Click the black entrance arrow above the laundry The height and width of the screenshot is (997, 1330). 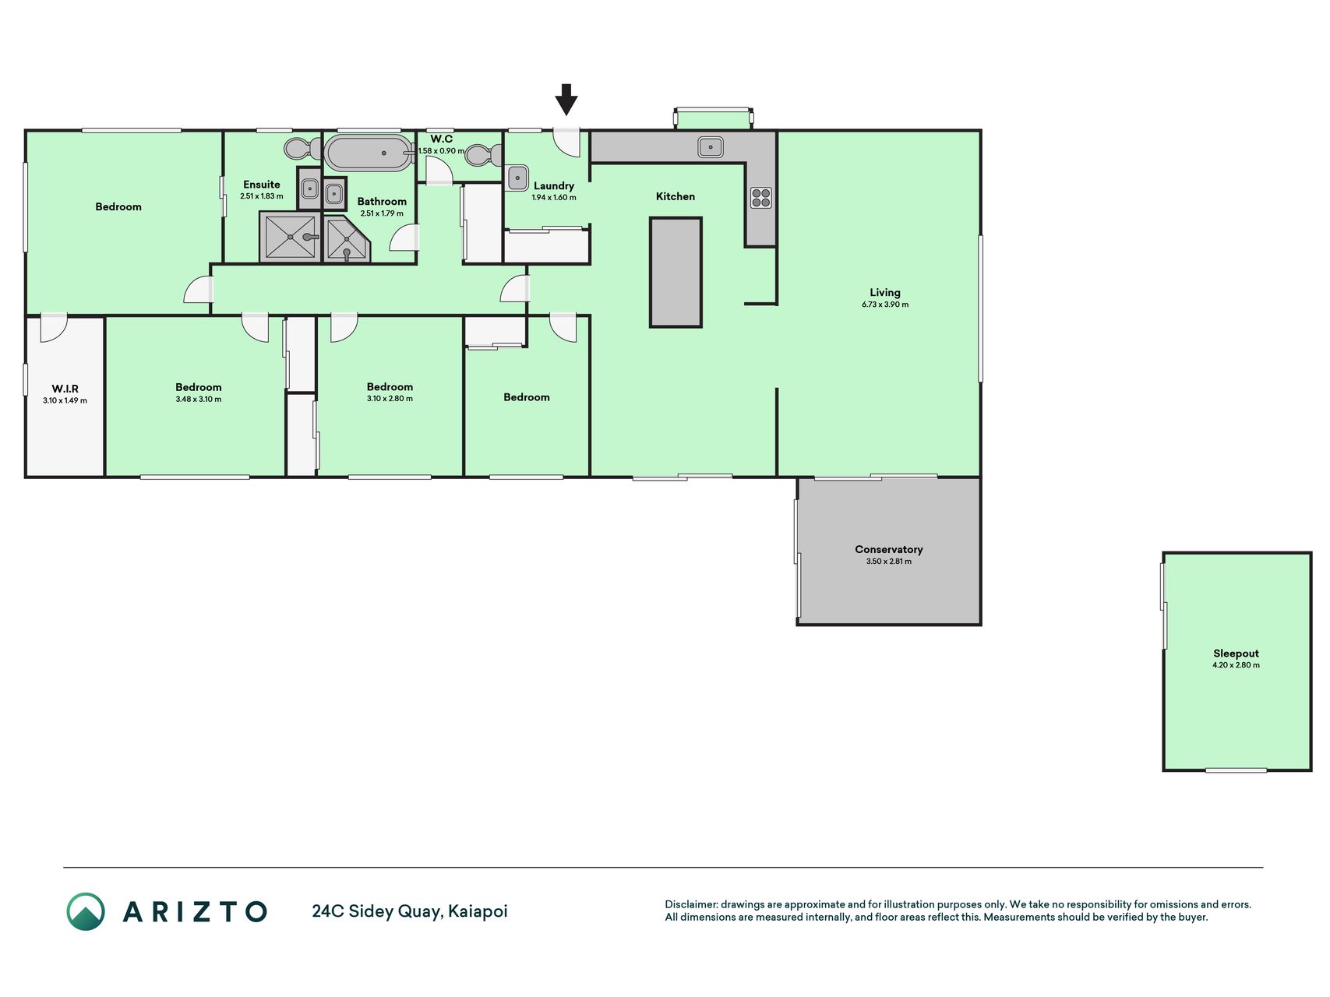[566, 100]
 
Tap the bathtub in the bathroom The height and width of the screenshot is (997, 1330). [369, 153]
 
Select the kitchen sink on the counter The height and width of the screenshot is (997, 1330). [711, 146]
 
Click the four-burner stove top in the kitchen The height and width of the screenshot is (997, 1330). [761, 198]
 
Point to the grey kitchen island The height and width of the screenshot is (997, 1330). [676, 272]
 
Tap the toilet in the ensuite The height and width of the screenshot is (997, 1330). [302, 148]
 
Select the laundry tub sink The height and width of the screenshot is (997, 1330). [518, 178]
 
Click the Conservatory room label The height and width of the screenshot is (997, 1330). [889, 549]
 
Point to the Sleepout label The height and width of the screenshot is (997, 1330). [1236, 654]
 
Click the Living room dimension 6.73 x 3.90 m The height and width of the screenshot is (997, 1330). [885, 305]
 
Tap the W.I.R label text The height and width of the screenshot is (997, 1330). [65, 389]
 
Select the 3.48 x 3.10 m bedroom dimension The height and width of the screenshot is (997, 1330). [199, 400]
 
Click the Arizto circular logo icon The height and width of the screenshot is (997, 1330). [86, 911]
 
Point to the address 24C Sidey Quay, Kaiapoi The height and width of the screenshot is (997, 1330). [410, 911]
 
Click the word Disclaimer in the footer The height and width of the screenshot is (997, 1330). [691, 904]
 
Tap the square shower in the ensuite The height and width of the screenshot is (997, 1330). [290, 237]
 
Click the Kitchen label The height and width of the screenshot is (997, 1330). [676, 196]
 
